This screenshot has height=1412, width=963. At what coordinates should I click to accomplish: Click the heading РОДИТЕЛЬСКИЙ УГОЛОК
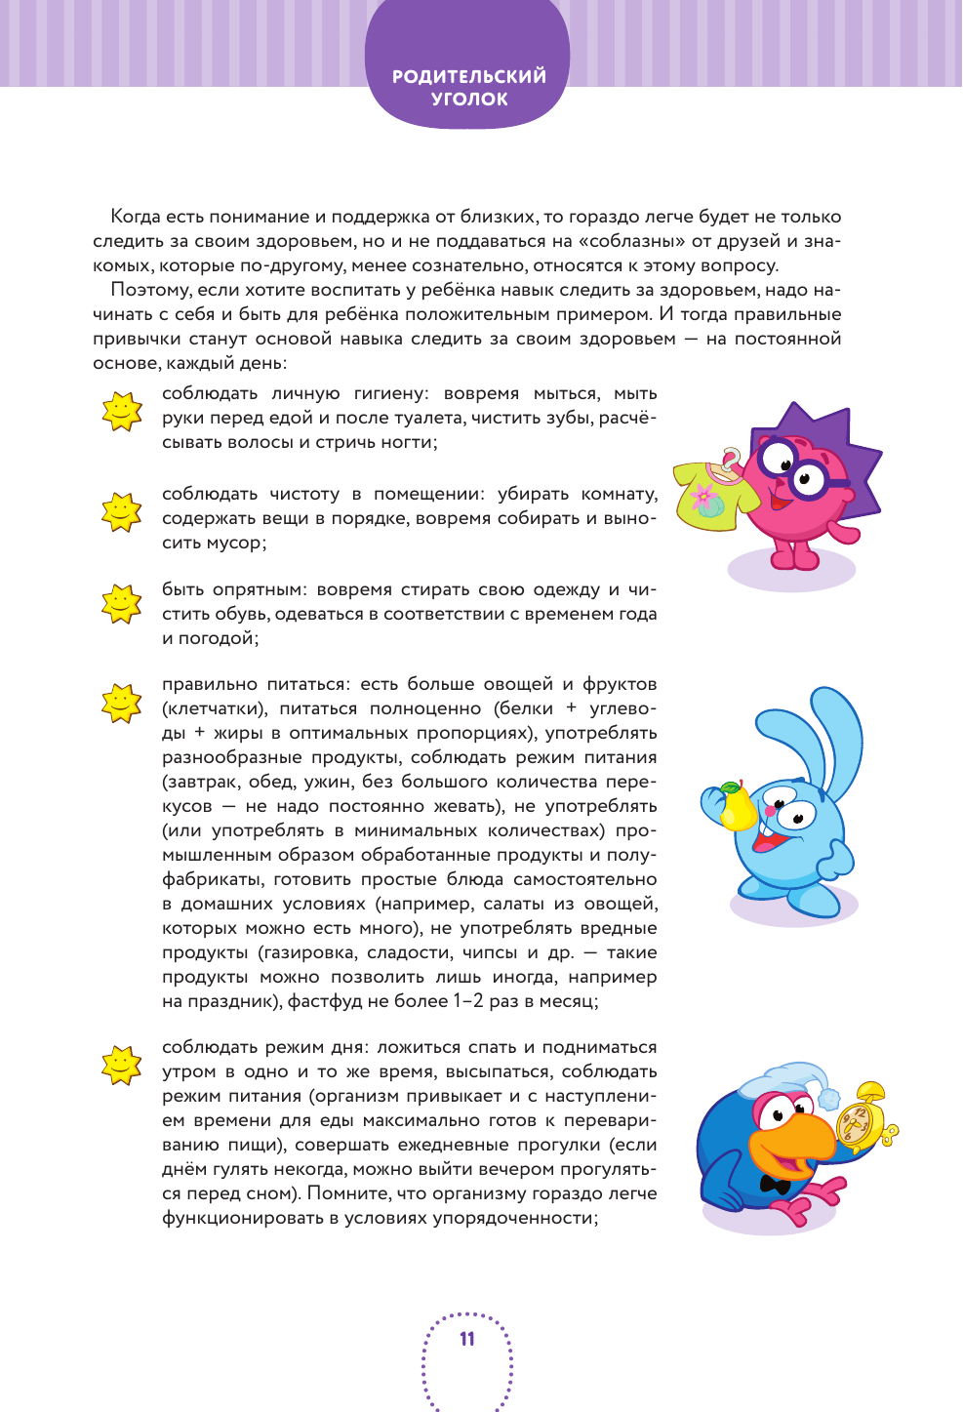(468, 87)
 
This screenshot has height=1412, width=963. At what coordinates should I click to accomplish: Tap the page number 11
(467, 1339)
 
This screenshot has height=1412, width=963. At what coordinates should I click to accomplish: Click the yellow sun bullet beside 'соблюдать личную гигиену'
(122, 411)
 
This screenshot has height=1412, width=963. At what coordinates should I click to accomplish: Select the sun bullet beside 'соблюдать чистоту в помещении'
(122, 511)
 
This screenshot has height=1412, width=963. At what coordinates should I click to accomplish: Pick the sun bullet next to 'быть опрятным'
(122, 604)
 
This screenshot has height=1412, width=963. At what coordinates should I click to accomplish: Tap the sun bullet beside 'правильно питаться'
(122, 703)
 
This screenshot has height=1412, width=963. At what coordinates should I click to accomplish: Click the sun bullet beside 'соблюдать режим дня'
(122, 1065)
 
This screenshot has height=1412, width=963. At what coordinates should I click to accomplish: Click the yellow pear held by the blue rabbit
(736, 806)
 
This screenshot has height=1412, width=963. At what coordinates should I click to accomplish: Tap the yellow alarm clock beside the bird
(864, 1118)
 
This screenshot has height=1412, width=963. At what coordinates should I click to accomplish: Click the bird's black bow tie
(776, 1185)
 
